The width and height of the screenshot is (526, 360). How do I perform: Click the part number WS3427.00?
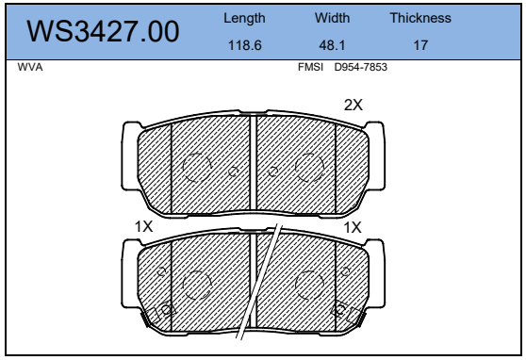coord(103,31)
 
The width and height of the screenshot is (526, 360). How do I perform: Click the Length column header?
coord(244,19)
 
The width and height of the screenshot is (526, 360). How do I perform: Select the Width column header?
coord(332,18)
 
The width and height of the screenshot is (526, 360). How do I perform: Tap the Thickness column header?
coord(420,18)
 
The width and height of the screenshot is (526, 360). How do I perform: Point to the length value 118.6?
coord(244,45)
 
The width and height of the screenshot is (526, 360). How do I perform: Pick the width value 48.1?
coord(332,45)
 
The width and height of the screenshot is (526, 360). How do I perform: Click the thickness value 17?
coord(420,45)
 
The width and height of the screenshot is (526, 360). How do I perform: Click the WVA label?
coord(30,67)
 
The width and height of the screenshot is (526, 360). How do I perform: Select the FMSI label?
coord(310,67)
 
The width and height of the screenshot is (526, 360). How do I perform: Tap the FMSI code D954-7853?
coord(361,67)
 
